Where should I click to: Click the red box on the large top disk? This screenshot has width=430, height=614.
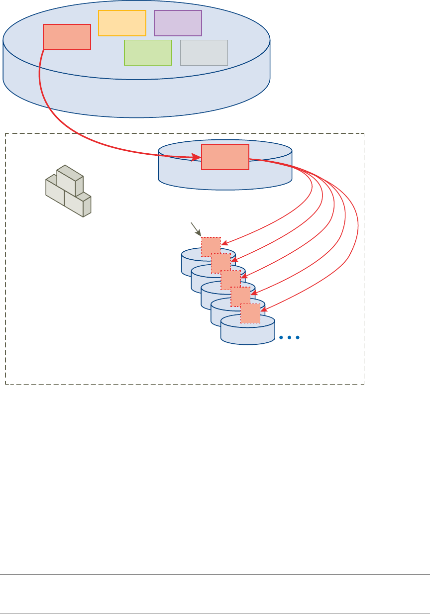click(x=67, y=37)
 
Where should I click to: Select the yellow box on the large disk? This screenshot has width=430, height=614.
click(x=122, y=23)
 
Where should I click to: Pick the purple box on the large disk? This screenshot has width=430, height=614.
click(x=178, y=23)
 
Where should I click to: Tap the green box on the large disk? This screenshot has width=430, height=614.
click(x=148, y=53)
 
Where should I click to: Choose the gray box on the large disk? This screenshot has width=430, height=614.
click(x=204, y=53)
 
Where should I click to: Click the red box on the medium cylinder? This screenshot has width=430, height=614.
click(x=225, y=157)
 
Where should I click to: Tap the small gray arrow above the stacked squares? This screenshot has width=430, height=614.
click(x=196, y=230)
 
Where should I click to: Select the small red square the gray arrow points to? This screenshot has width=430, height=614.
click(x=211, y=247)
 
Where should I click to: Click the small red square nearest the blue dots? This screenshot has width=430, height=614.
click(x=250, y=313)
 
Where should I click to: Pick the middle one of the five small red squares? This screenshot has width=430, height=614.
click(x=230, y=280)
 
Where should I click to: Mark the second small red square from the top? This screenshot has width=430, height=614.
click(x=220, y=263)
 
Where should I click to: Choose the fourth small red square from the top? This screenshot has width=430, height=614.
click(x=240, y=297)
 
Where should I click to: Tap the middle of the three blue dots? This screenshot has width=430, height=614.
click(x=289, y=337)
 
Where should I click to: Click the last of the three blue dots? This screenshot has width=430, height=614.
click(x=298, y=337)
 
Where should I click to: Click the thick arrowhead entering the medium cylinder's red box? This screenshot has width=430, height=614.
click(x=197, y=158)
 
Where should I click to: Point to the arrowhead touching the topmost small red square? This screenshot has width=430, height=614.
click(x=224, y=244)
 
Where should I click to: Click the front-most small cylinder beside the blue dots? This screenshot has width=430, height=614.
click(x=247, y=331)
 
